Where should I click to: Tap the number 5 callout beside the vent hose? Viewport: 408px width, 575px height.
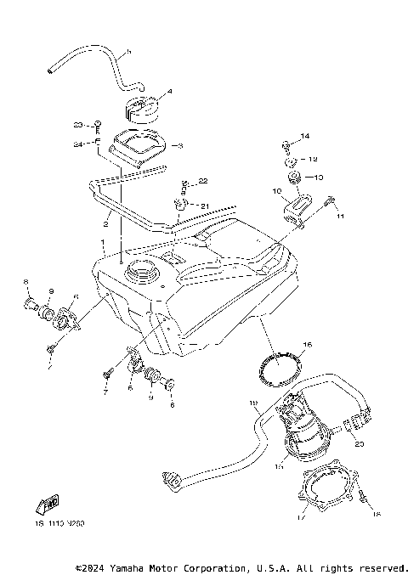pyautogui.click(x=128, y=53)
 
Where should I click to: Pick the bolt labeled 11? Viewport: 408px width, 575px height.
pyautogui.click(x=329, y=203)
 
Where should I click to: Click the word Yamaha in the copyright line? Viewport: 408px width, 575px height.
pyautogui.click(x=133, y=567)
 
